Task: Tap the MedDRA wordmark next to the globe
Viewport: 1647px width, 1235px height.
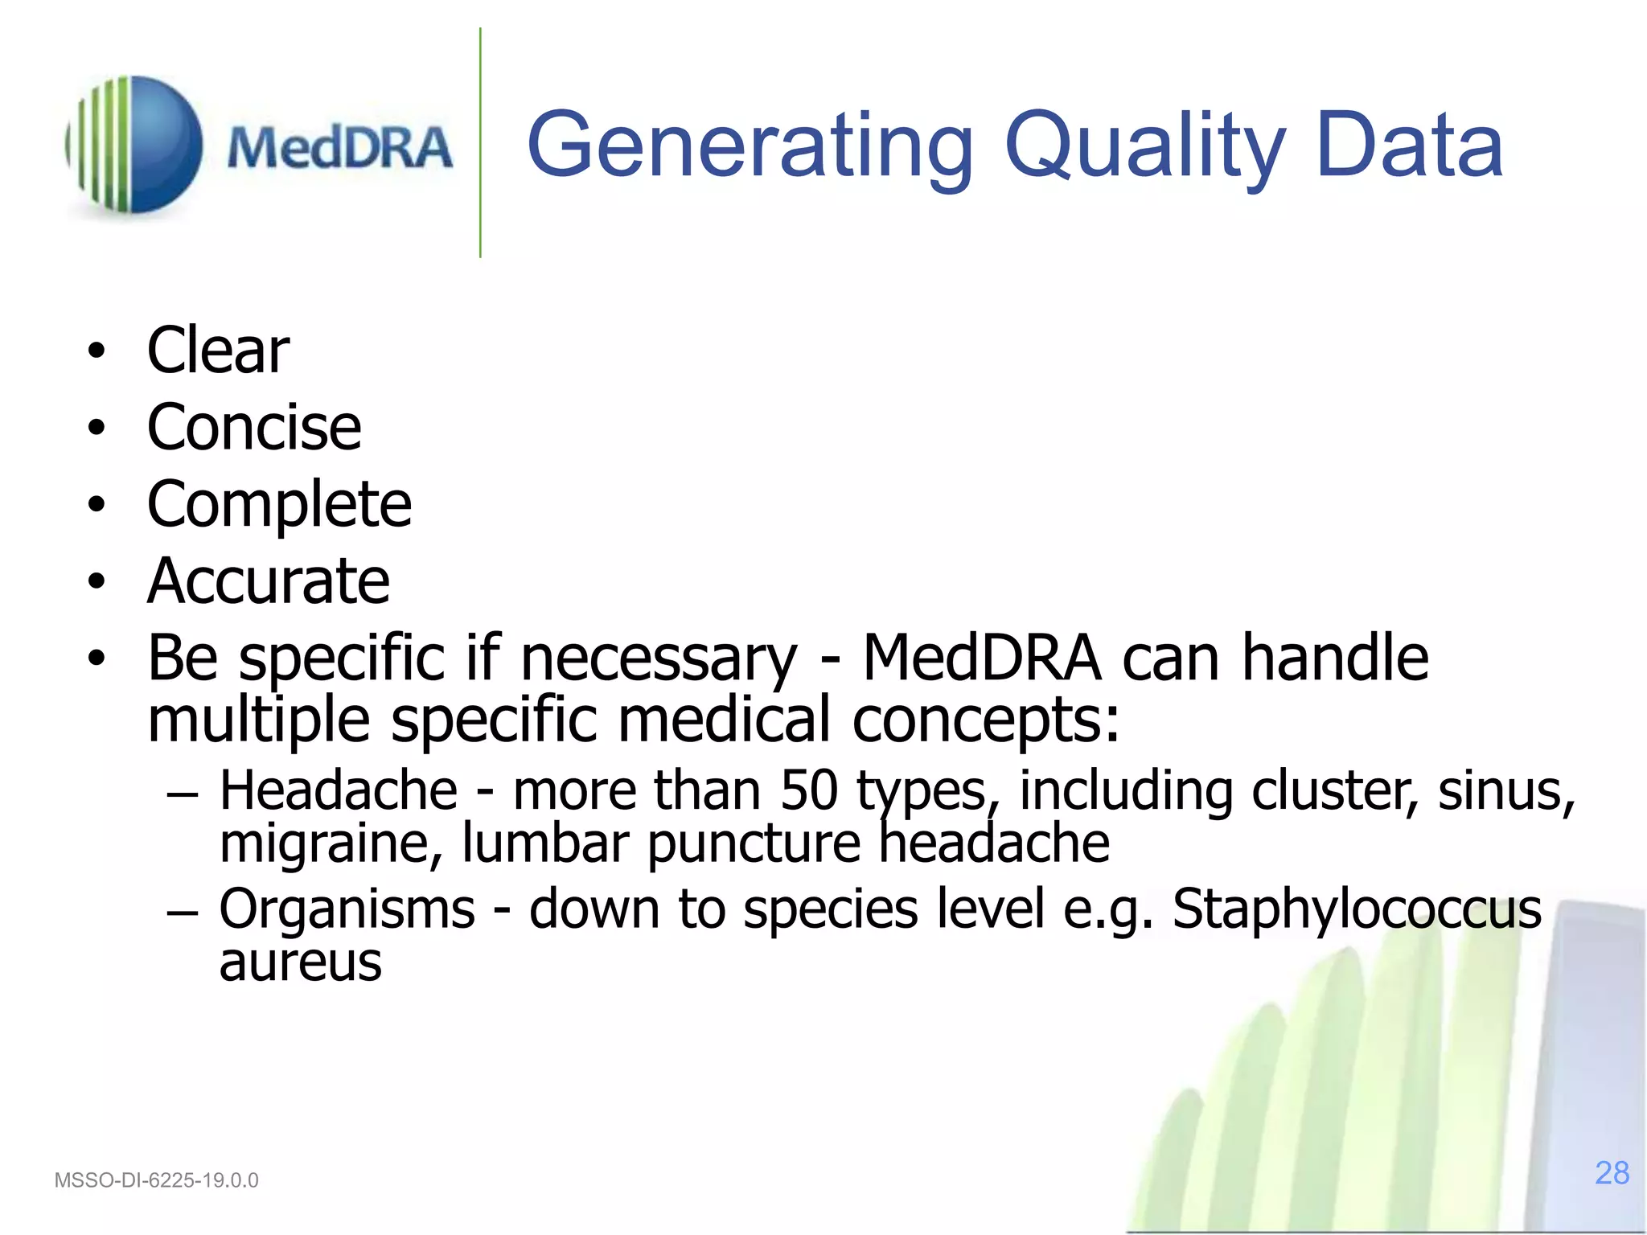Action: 339,148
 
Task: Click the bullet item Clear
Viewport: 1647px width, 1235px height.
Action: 218,351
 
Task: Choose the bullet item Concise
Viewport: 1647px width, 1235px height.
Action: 254,427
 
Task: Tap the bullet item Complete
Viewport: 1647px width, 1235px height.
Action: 279,504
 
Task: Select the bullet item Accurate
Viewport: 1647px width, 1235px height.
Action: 269,581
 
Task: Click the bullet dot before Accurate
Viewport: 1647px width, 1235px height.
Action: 97,581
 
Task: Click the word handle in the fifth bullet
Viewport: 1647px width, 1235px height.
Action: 1334,657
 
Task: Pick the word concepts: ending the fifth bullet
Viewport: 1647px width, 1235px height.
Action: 986,720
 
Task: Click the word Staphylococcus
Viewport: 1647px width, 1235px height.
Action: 1357,909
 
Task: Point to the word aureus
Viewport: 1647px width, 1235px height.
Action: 300,962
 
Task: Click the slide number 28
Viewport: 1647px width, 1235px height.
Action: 1612,1173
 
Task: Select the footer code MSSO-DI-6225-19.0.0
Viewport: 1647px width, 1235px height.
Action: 156,1180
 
